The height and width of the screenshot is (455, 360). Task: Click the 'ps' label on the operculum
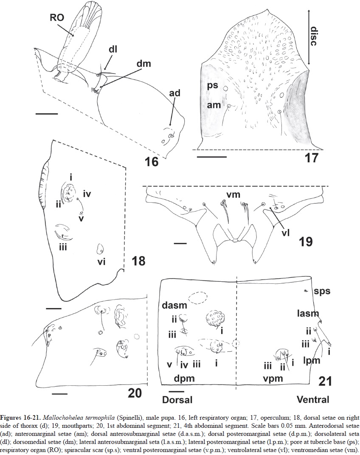[x=213, y=85]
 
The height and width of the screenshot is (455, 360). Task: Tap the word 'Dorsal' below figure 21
[x=177, y=399]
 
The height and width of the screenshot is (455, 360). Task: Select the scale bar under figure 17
[x=212, y=157]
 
